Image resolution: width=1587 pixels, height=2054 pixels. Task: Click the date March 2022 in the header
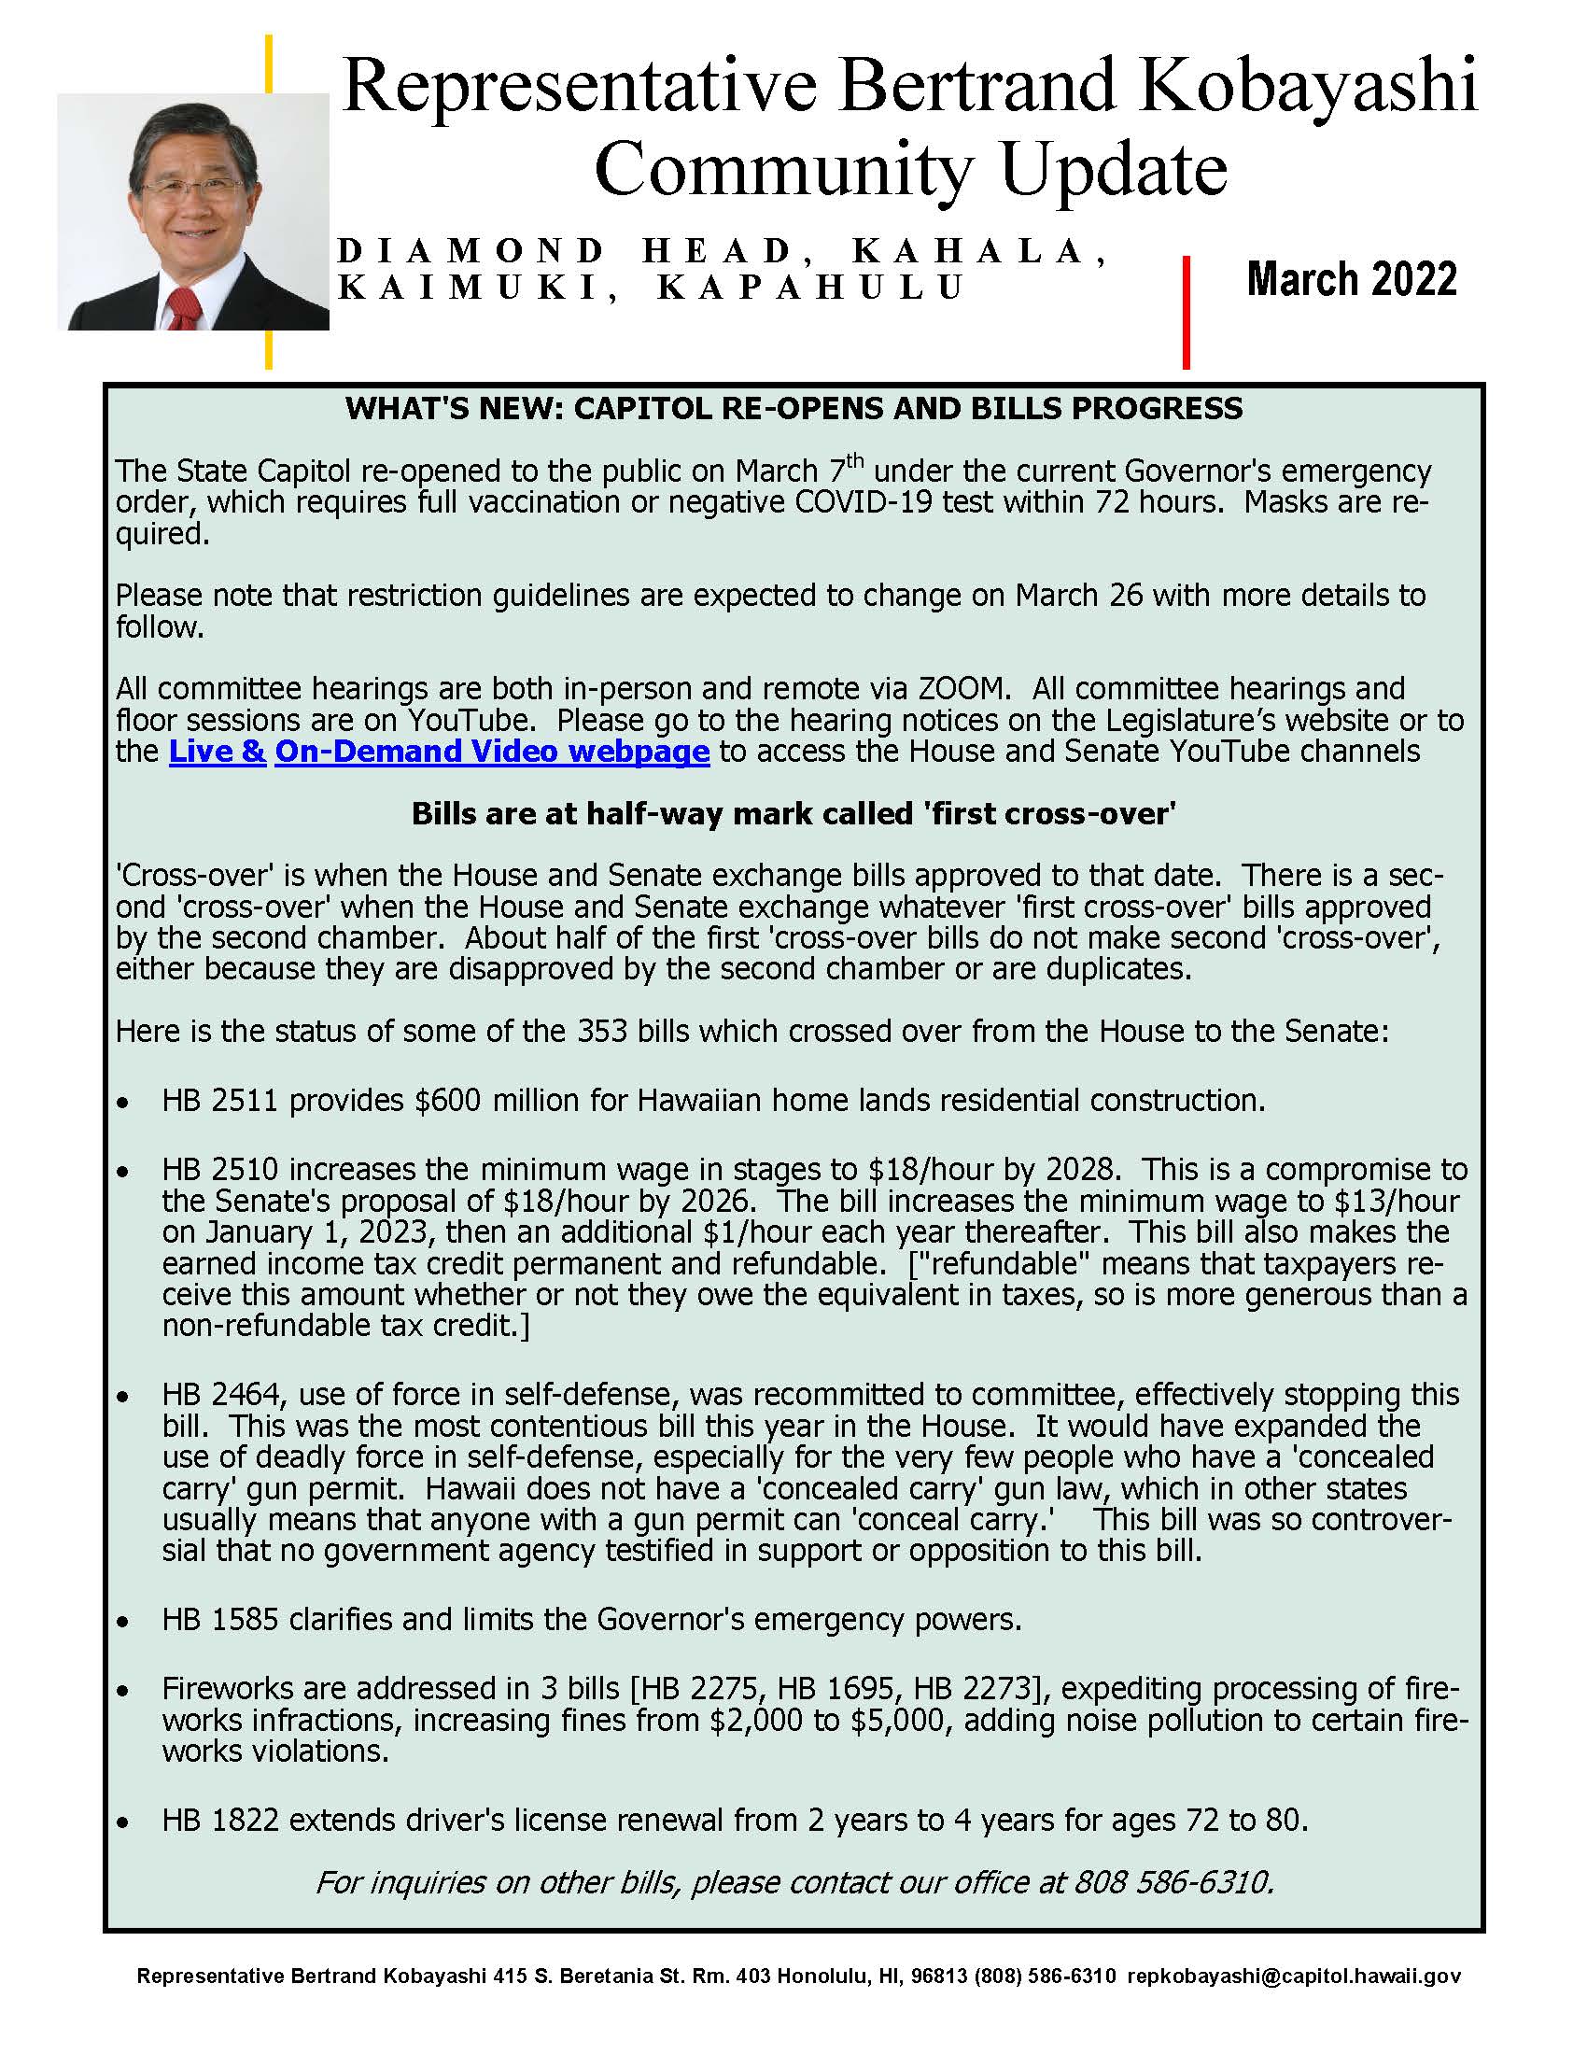pyautogui.click(x=1351, y=279)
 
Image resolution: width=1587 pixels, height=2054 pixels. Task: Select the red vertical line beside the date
pyautogui.click(x=1186, y=311)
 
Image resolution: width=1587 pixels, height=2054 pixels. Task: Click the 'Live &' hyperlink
pyautogui.click(x=218, y=752)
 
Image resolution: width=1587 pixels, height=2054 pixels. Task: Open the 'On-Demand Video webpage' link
pyautogui.click(x=492, y=752)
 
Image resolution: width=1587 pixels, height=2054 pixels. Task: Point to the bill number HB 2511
pyautogui.click(x=219, y=1101)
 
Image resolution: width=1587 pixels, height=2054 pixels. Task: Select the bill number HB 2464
pyautogui.click(x=219, y=1394)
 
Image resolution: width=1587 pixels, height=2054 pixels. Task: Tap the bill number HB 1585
pyautogui.click(x=219, y=1619)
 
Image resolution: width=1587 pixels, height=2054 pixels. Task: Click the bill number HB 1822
pyautogui.click(x=220, y=1820)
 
